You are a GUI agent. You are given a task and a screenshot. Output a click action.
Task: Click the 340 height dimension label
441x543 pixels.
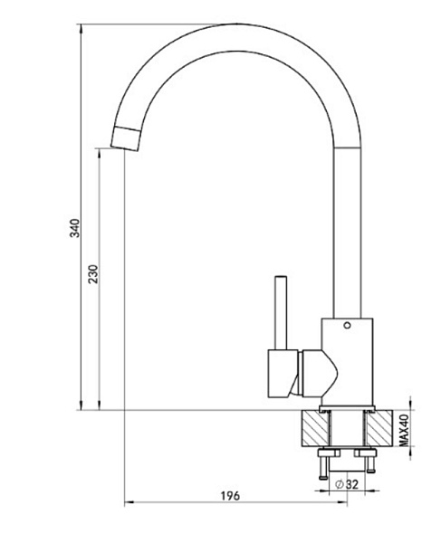[x=75, y=228]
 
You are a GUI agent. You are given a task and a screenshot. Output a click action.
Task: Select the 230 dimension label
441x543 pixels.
[x=93, y=274]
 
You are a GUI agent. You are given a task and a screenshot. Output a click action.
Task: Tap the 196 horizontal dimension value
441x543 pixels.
[x=230, y=496]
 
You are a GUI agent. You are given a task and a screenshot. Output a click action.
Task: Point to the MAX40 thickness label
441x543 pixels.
[x=404, y=430]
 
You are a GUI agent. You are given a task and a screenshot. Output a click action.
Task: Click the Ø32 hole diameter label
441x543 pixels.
[x=347, y=484]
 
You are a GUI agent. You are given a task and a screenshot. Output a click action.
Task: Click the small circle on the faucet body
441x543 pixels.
[x=347, y=325]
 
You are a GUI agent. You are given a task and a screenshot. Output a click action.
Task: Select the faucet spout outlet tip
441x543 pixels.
[x=125, y=138]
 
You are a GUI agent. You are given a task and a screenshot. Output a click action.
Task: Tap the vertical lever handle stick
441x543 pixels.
[x=281, y=313]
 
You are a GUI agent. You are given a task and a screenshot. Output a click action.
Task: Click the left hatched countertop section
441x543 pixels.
[x=315, y=428]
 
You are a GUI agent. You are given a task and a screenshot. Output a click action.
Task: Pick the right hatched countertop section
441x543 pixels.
[x=379, y=428]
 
